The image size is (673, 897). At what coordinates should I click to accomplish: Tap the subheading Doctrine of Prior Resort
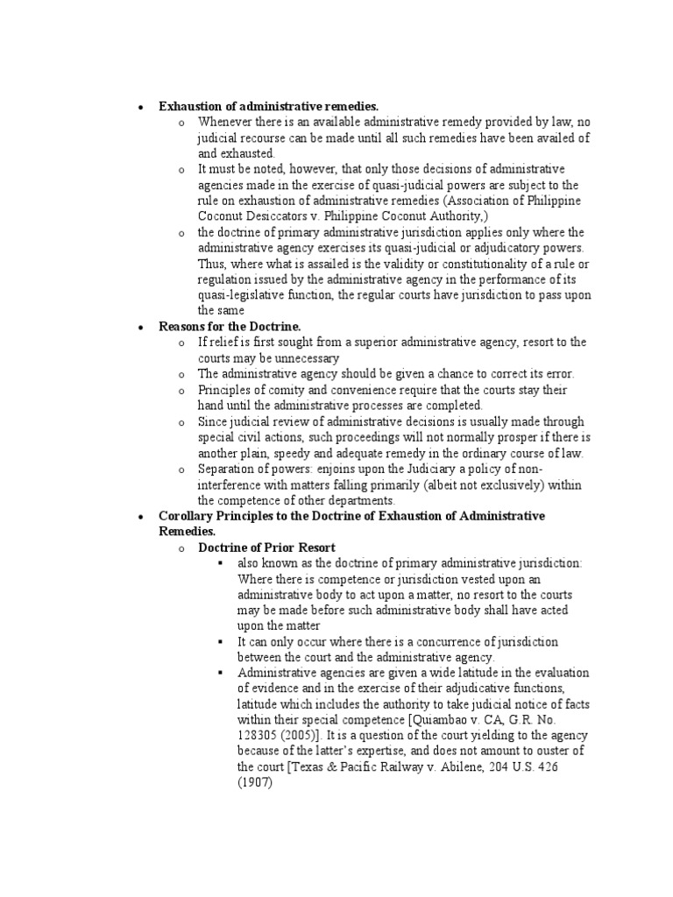point(255,547)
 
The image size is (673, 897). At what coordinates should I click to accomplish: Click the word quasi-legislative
point(238,295)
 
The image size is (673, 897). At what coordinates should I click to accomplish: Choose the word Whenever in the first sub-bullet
point(224,122)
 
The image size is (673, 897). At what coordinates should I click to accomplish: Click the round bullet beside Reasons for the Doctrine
point(140,327)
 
